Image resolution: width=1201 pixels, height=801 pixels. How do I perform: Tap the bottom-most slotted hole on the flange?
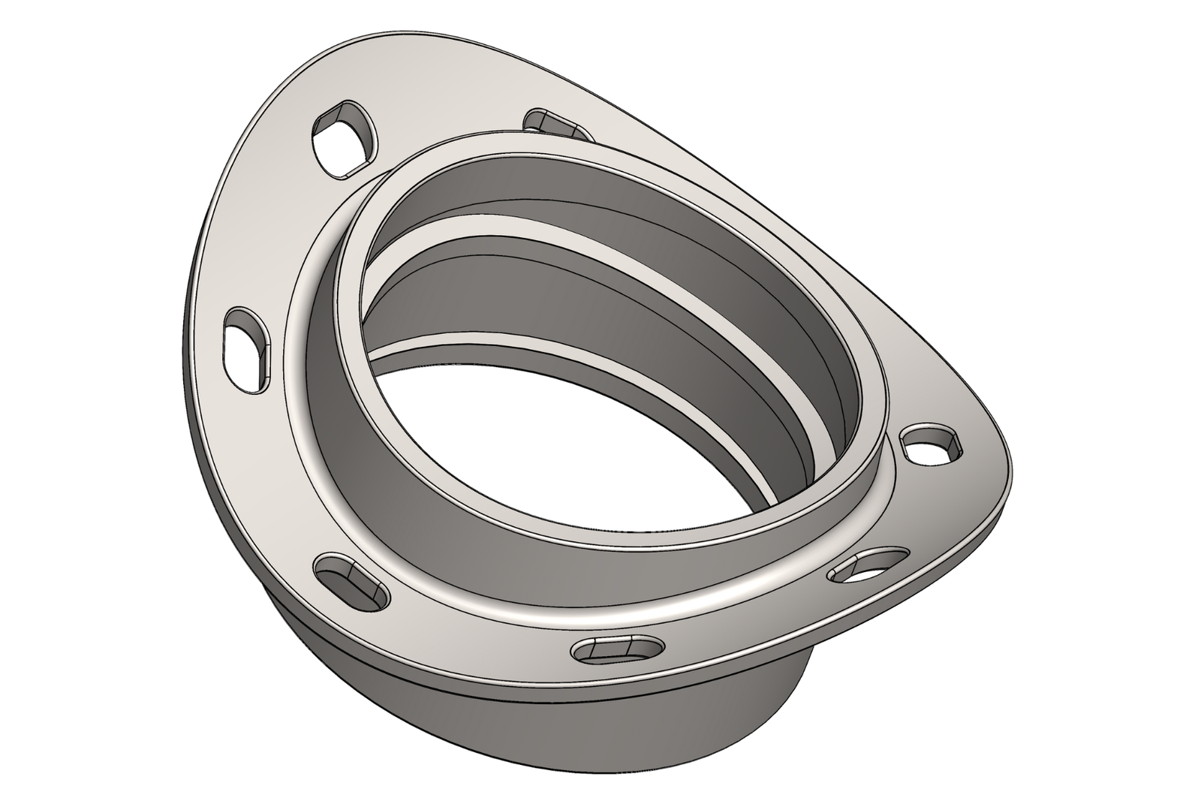[619, 649]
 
